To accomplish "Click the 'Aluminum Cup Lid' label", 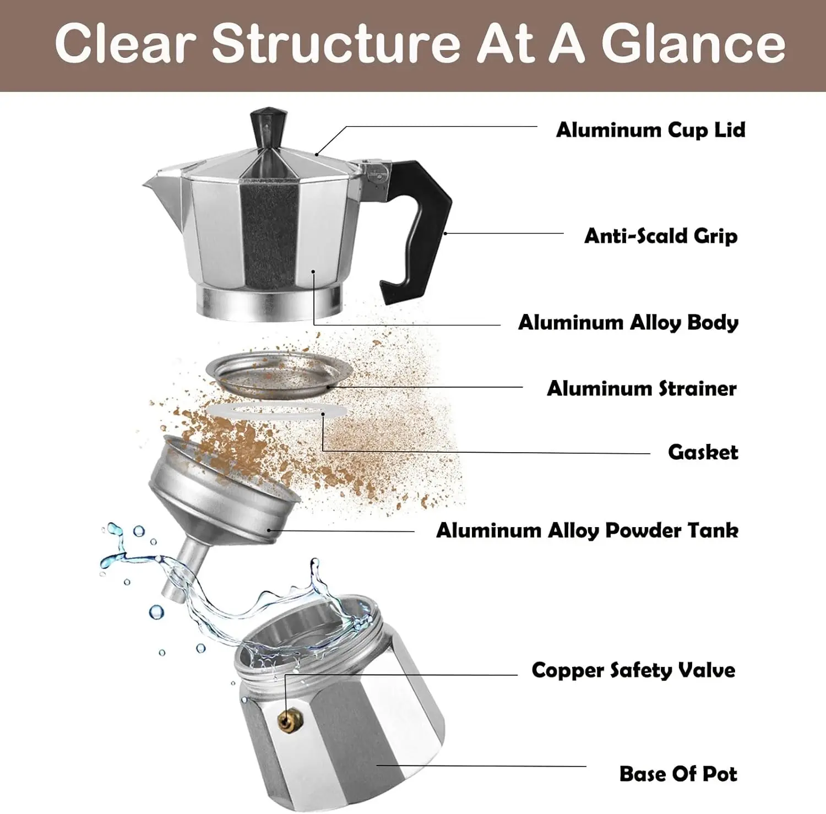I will click(650, 131).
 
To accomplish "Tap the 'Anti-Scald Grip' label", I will click(660, 236).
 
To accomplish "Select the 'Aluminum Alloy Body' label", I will click(628, 323).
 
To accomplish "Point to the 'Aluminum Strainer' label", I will click(642, 389).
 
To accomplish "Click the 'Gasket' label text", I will click(703, 453).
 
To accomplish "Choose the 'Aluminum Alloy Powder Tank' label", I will click(587, 531).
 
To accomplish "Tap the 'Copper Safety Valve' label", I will click(633, 671).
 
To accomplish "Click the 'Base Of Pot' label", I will click(678, 774).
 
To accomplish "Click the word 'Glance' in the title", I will click(693, 44).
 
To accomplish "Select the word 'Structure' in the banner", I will click(336, 44).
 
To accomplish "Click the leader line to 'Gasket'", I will click(485, 453).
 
